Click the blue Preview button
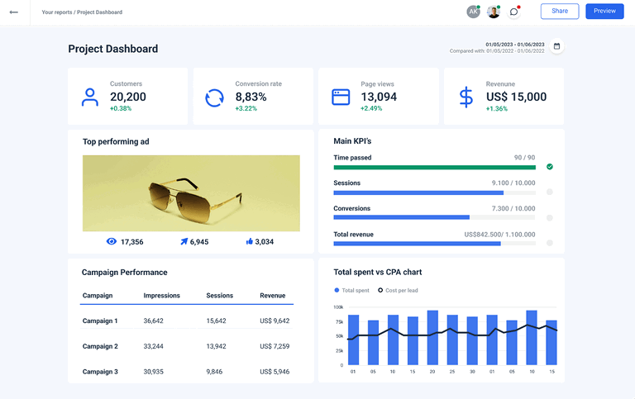coord(604,12)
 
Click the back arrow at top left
coord(13,12)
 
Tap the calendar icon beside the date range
coord(556,46)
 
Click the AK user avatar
coord(473,12)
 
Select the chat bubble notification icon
coord(514,12)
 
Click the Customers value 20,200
coord(128,97)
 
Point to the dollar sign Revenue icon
coord(466,97)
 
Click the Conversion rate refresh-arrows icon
coord(214,97)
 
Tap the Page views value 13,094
coord(379,97)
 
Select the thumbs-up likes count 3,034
coord(264,242)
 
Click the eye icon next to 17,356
coord(112,242)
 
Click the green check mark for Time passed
coord(550,167)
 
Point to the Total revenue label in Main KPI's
coord(353,235)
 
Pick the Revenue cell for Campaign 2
coord(275,346)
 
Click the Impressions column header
coord(161,295)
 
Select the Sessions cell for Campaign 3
coord(215,372)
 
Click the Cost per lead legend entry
coord(397,291)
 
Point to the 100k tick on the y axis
coord(338,307)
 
